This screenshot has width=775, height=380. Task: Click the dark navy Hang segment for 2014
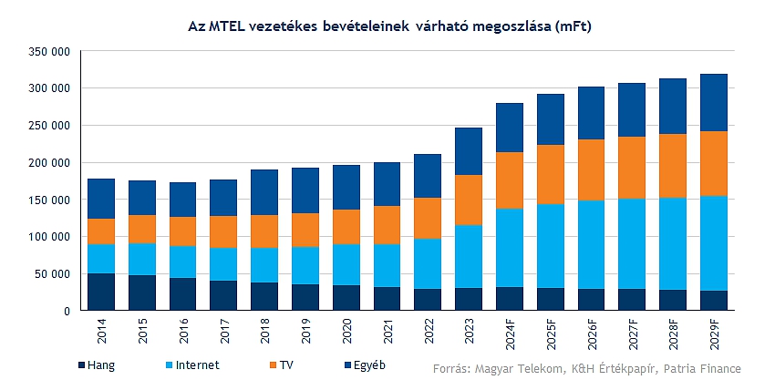101,292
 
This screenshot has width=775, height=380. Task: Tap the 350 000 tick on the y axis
50,51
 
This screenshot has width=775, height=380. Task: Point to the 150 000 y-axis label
50,200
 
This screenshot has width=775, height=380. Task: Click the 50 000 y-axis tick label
53,273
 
